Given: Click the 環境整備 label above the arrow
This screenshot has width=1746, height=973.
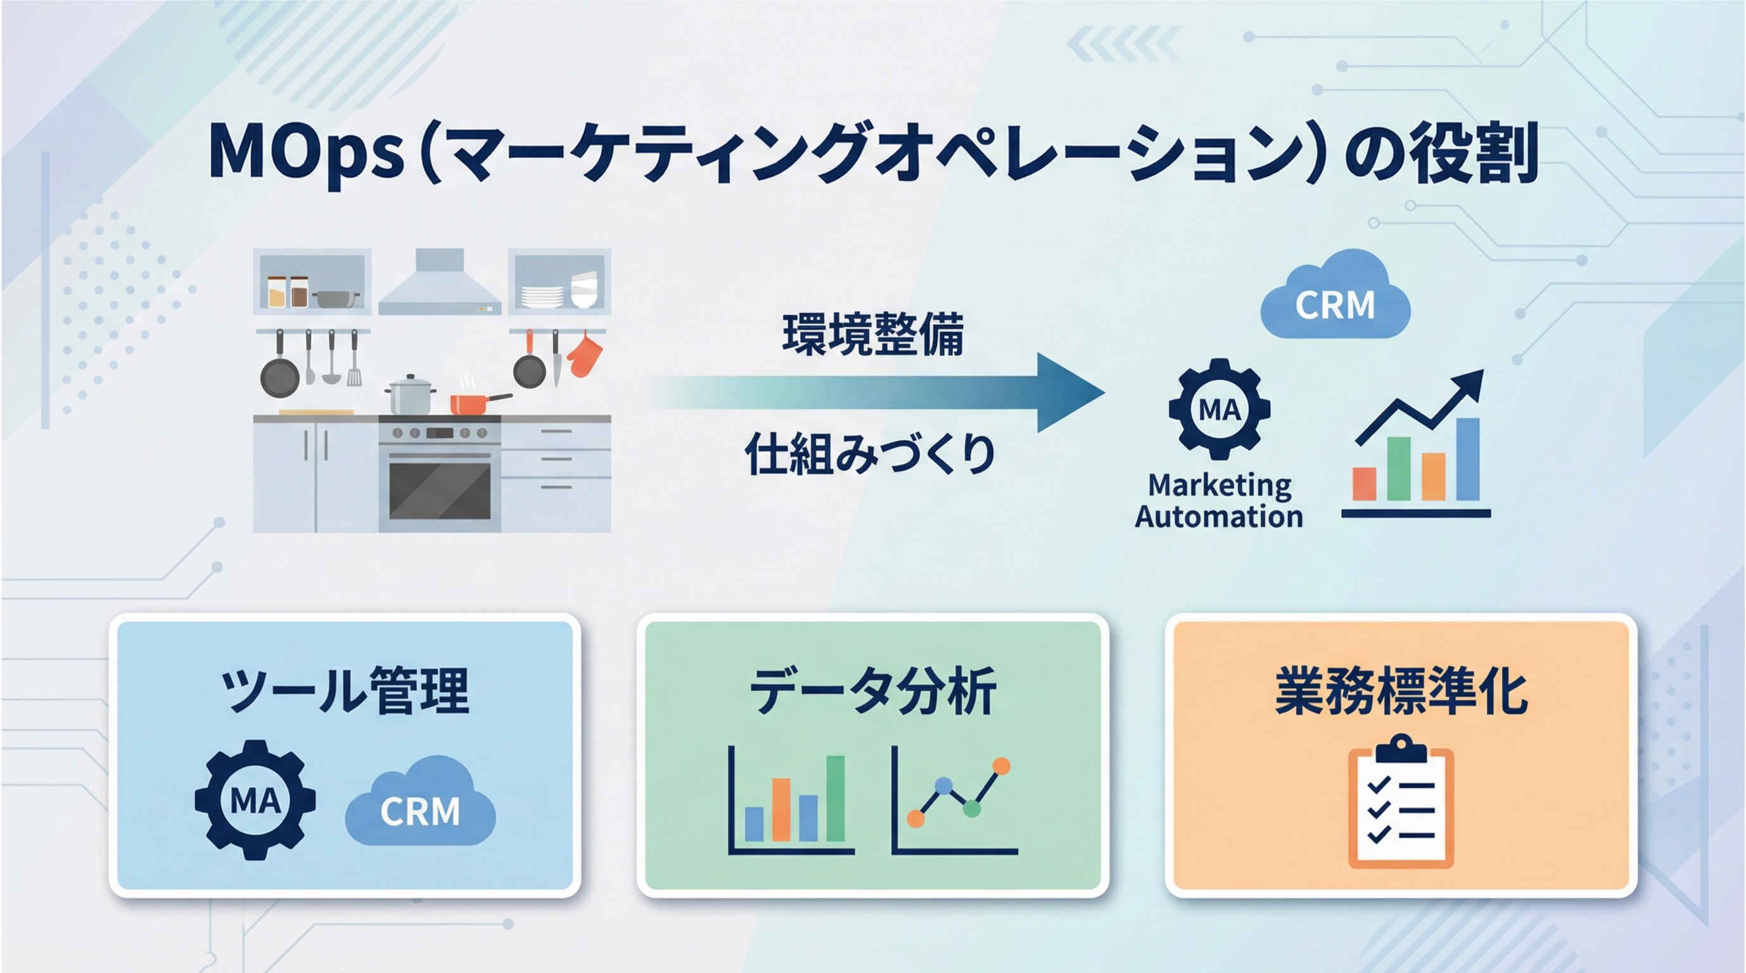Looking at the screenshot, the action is click(x=873, y=334).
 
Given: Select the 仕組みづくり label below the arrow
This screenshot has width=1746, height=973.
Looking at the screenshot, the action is click(x=870, y=454).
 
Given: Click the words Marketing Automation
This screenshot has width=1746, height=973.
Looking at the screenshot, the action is click(x=1220, y=500).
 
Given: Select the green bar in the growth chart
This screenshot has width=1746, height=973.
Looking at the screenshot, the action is click(x=1398, y=469).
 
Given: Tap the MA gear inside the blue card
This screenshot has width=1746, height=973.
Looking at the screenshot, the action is click(x=255, y=800).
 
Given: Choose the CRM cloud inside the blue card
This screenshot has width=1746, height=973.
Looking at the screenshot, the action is click(x=420, y=801).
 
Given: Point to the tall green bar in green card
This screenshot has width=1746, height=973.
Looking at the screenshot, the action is click(x=835, y=799).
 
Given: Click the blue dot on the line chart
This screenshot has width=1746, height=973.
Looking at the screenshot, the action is click(x=943, y=786).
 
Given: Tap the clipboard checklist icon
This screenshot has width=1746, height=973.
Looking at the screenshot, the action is click(x=1401, y=801).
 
